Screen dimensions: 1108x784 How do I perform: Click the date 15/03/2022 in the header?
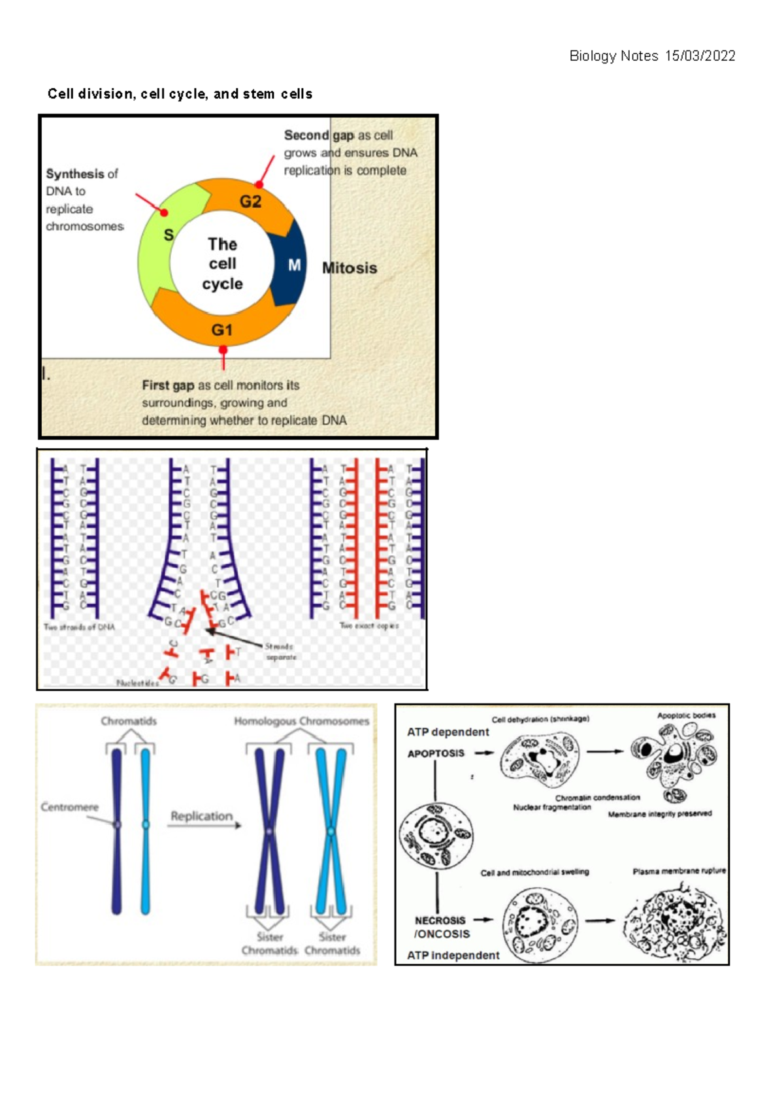[700, 56]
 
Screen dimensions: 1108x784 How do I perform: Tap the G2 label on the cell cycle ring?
[250, 201]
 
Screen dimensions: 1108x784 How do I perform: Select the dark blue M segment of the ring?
[291, 265]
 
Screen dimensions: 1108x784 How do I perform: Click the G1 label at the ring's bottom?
[221, 330]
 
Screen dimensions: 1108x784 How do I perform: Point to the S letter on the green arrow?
[169, 235]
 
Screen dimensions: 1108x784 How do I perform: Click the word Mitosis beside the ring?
[350, 268]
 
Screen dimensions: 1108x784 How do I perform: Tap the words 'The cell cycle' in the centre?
[222, 264]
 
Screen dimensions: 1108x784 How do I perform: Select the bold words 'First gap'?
[168, 385]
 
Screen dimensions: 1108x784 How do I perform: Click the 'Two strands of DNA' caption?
[79, 627]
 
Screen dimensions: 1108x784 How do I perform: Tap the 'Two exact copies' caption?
[369, 626]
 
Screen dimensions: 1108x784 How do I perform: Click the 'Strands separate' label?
[281, 651]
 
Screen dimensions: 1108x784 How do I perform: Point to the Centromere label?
[69, 807]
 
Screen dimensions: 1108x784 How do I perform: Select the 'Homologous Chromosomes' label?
[301, 721]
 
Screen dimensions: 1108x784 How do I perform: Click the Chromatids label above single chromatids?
[129, 721]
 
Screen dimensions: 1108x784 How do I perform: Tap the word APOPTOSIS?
[436, 753]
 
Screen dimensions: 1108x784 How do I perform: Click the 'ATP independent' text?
[453, 955]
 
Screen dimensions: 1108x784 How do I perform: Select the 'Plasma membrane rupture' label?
[679, 871]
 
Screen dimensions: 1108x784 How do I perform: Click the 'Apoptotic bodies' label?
[686, 715]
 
